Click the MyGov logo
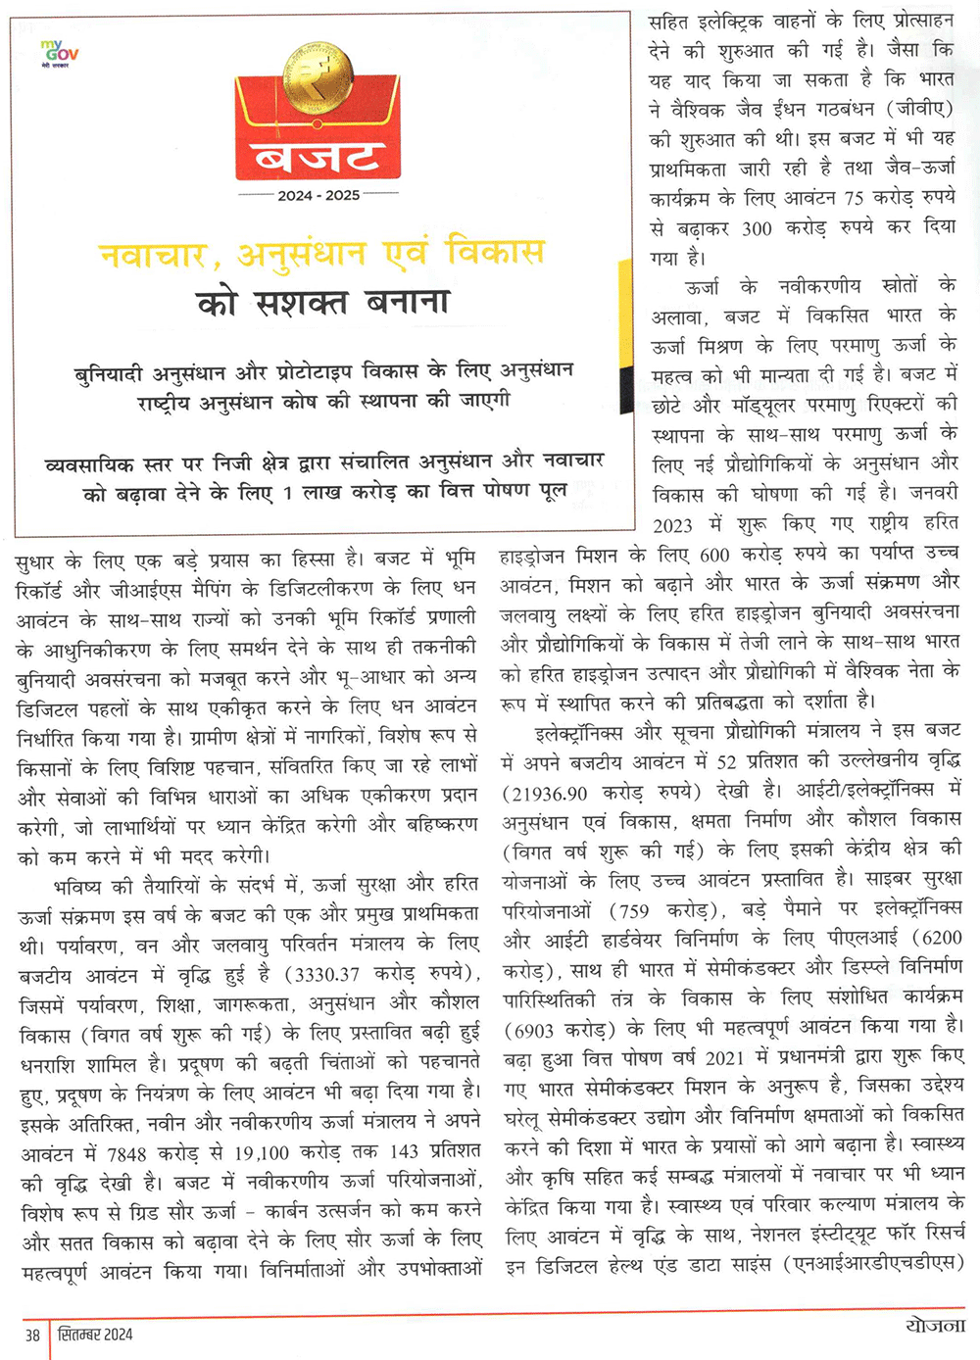click(61, 52)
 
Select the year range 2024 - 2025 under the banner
click(318, 195)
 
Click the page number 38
click(32, 1335)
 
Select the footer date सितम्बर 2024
click(95, 1334)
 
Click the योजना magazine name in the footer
click(935, 1326)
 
